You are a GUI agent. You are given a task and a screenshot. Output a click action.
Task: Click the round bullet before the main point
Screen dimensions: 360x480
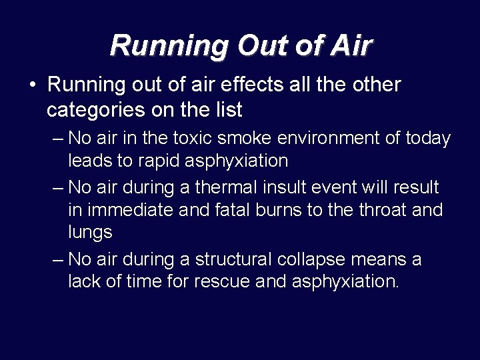tap(32, 85)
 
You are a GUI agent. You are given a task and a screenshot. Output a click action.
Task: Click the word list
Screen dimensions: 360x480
tap(229, 109)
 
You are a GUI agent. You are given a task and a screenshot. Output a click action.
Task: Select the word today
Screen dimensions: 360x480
tap(427, 139)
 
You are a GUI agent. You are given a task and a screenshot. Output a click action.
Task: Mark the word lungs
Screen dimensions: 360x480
tap(90, 232)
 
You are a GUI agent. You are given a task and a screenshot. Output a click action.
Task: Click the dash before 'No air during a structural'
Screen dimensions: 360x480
tap(57, 259)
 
